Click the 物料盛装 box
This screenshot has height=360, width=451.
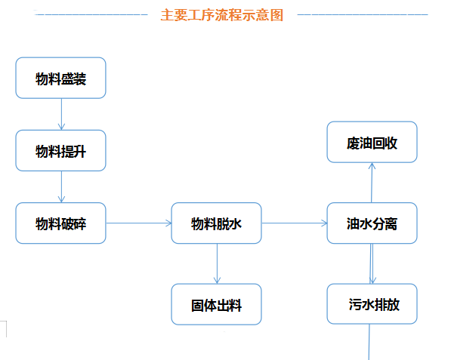60,78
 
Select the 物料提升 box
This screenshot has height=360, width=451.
60,150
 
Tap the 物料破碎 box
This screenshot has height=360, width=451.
60,223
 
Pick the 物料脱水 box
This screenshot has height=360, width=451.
216,223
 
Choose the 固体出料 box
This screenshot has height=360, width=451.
216,304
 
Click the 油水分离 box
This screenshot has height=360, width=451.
372,223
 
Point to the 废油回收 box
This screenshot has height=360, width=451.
372,142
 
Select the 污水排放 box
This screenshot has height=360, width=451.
372,304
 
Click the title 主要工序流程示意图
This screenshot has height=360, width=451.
222,15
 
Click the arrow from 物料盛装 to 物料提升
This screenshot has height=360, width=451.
61,114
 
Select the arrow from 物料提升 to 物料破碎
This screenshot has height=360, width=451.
61,186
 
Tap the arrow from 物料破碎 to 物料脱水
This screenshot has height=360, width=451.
139,223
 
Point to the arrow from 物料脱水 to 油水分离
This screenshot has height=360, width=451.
294,223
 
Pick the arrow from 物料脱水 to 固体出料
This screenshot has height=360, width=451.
217,263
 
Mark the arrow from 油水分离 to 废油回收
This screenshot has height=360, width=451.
372,183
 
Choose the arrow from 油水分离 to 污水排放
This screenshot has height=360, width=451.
372,263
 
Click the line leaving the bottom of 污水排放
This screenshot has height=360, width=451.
369,342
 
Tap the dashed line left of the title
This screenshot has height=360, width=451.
91,14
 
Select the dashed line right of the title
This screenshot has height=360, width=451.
363,14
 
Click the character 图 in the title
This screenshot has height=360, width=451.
277,15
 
